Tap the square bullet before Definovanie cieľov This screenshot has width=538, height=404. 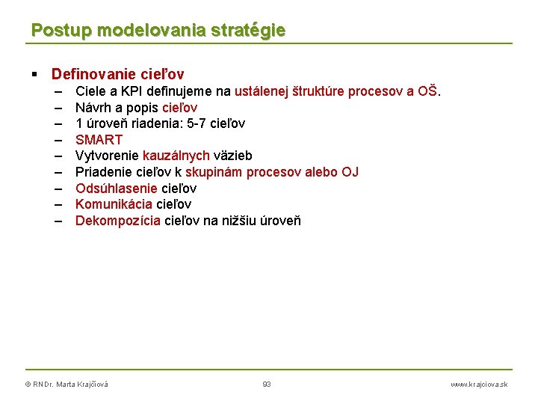tap(35, 75)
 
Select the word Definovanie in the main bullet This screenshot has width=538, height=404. tap(92, 74)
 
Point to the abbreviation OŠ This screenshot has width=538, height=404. tap(427, 91)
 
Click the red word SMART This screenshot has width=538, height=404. tap(99, 140)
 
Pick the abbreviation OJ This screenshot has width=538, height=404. tap(350, 172)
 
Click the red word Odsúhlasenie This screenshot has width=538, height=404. tap(117, 188)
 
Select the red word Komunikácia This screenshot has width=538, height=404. tap(114, 204)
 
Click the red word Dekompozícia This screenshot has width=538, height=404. tap(117, 221)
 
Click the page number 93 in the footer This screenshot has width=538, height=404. tap(267, 384)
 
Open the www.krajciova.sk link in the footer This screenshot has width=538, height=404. tap(478, 384)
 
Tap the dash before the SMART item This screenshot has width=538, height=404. tap(58, 140)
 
